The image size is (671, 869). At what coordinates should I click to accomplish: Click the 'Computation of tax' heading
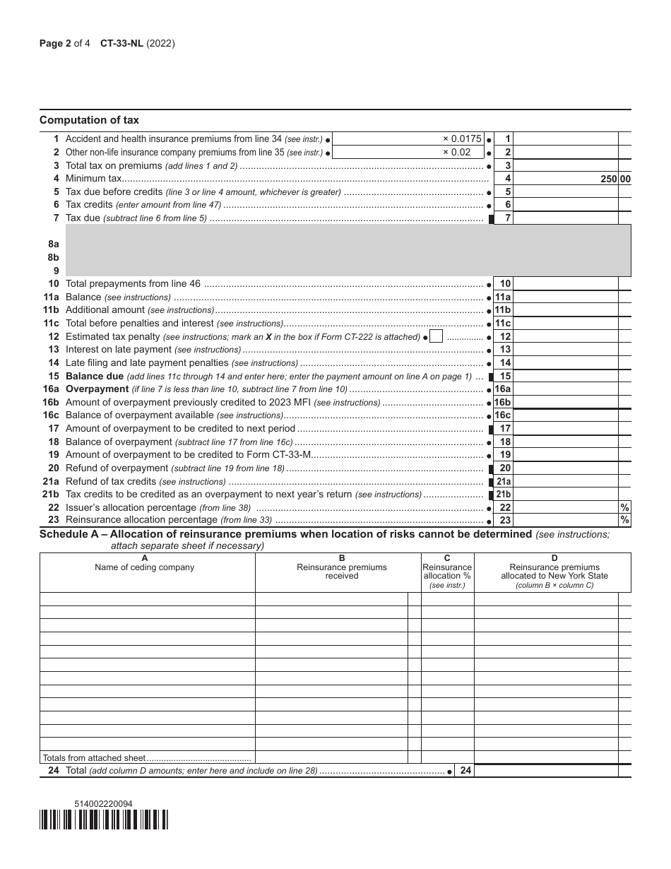pos(89,120)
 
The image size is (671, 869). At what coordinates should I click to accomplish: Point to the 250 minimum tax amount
pos(609,179)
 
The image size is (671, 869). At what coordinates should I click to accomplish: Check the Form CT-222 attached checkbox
pos(436,336)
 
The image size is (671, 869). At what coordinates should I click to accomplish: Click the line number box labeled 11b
pos(502,310)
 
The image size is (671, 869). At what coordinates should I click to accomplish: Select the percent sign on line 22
pos(624,507)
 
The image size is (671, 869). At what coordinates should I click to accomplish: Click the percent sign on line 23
pos(624,520)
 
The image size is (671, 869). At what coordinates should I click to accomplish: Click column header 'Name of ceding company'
pos(144,567)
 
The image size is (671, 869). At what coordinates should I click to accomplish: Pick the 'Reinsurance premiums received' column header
pos(342,571)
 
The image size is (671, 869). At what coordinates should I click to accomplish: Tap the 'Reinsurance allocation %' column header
pos(447,572)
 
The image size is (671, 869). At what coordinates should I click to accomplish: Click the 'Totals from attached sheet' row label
pos(94,757)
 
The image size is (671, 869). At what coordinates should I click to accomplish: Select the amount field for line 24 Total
pos(545,771)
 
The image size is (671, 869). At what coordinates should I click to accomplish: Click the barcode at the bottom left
pos(104,820)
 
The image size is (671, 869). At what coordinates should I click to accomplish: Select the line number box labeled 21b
pos(502,495)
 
